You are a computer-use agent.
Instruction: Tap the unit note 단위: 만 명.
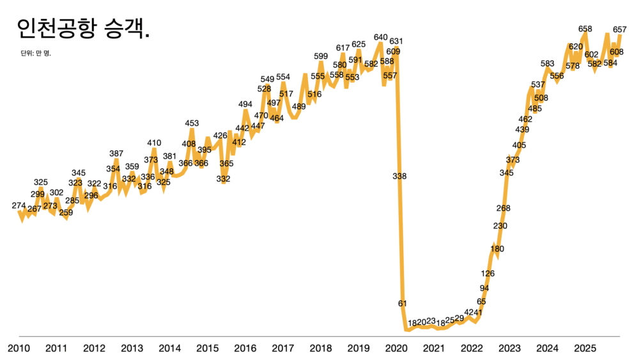36,53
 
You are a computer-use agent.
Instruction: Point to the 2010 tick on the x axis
19,348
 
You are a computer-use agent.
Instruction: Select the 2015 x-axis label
208,348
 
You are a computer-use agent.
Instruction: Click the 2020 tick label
396,348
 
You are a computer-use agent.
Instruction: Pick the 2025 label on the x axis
585,348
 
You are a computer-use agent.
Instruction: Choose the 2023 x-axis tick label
509,348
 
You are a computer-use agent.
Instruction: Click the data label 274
19,205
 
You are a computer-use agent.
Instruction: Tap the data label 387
116,153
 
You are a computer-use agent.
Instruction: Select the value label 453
192,123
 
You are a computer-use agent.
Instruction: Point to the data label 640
381,37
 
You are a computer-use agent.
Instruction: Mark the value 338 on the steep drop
399,176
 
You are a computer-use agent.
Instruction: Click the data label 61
402,303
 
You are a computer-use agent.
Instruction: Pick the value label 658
585,29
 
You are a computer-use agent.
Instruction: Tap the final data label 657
620,29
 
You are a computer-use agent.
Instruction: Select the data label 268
503,208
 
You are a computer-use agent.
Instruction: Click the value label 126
488,274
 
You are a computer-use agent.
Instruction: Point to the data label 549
267,79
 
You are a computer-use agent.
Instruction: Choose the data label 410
154,143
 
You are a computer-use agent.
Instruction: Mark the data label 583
547,63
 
